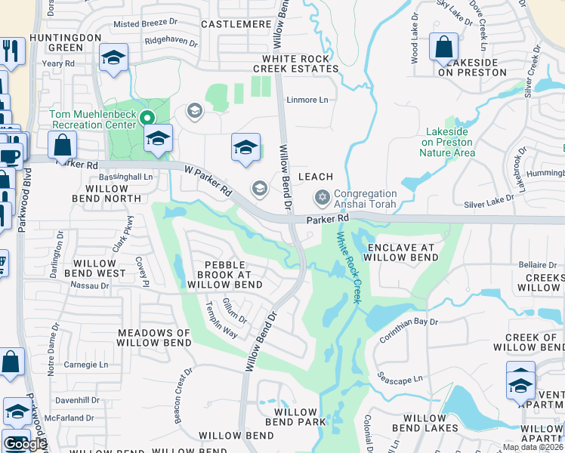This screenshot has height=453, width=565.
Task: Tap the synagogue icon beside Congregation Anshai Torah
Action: [x=323, y=198]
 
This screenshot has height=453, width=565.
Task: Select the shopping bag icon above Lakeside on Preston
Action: [x=443, y=45]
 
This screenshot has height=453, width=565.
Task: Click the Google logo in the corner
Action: [x=24, y=444]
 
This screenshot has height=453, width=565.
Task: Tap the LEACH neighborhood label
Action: [x=316, y=177]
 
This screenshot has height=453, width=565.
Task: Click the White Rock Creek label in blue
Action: [x=348, y=267]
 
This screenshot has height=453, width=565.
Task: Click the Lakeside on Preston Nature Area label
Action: [x=448, y=142]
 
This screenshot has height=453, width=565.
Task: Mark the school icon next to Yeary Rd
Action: [x=113, y=57]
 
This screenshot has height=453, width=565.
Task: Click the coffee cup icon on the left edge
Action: [x=10, y=156]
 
